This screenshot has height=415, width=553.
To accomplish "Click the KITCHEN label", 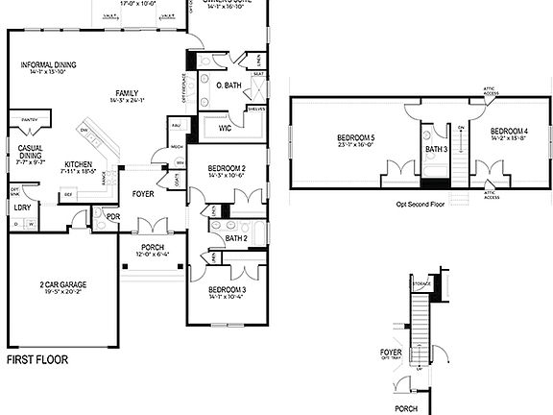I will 78,164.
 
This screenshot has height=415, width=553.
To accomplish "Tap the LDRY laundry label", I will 21,207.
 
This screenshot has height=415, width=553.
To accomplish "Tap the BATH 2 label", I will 237,238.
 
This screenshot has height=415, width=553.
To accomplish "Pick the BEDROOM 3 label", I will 228,289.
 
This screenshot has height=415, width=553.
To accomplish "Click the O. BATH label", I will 228,85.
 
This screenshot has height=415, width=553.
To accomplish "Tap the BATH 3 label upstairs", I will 435,149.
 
